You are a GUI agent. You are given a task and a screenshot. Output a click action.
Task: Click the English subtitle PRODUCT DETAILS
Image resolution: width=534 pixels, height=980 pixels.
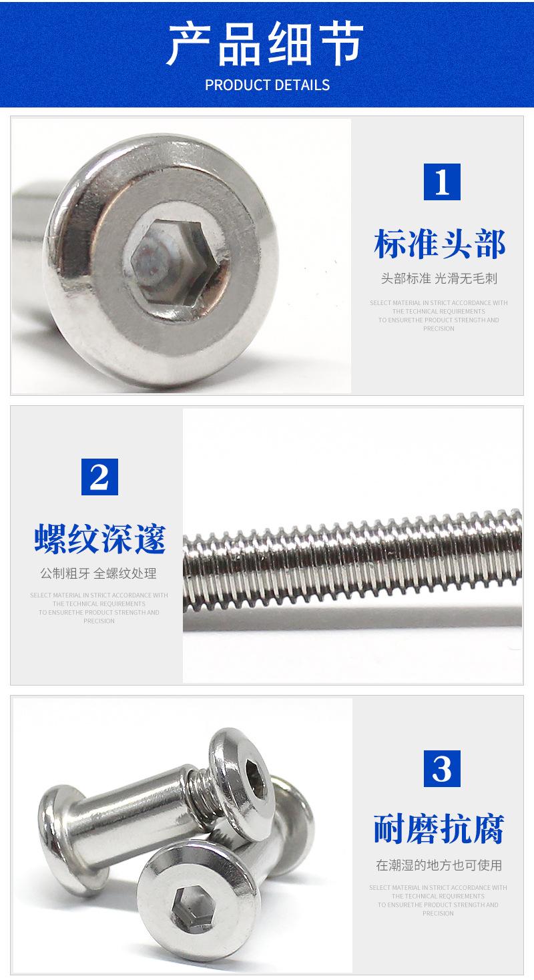click(267, 85)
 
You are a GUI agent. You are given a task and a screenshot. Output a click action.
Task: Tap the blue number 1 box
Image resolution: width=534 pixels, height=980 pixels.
click(442, 182)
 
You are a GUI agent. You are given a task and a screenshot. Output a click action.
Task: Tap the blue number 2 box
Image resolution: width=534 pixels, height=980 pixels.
click(99, 477)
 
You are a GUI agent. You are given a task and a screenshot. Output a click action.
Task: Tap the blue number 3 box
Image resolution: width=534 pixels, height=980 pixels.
click(442, 768)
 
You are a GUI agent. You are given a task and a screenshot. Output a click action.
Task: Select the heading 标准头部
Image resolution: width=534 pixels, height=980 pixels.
click(439, 244)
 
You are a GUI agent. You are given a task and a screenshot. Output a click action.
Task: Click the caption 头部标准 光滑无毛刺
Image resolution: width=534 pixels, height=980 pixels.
click(439, 279)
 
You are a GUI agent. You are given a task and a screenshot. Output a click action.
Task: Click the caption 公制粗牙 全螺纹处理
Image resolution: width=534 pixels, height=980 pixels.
click(99, 573)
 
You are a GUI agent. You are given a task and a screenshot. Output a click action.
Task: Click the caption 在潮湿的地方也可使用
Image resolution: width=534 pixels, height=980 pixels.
click(439, 865)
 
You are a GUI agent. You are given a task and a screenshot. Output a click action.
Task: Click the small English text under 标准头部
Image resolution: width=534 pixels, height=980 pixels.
click(439, 315)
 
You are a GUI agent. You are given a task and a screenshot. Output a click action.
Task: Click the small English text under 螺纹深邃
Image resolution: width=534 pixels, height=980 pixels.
click(99, 607)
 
